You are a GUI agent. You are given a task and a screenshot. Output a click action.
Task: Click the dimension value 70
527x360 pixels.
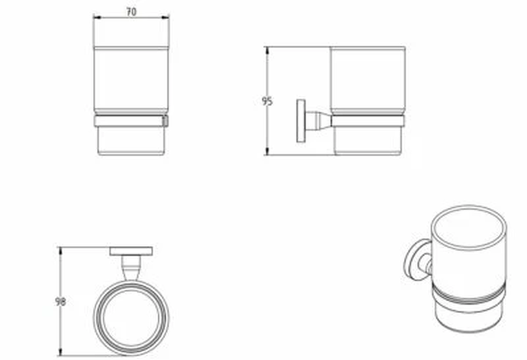(x=131, y=11)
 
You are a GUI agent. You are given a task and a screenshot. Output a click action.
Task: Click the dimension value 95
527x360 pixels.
(x=266, y=101)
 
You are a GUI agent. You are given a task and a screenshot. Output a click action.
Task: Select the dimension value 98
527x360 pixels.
(x=61, y=301)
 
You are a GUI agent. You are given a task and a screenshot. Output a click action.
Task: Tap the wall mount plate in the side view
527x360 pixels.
(x=300, y=120)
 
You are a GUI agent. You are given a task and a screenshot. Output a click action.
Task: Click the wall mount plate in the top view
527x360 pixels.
(x=131, y=251)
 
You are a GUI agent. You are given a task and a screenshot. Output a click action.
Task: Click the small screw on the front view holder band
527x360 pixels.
(x=166, y=121)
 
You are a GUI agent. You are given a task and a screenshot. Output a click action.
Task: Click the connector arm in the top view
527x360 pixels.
(x=131, y=268)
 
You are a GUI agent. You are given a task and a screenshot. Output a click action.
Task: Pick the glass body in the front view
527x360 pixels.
(x=131, y=79)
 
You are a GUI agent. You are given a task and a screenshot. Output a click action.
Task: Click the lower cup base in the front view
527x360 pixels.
(x=131, y=140)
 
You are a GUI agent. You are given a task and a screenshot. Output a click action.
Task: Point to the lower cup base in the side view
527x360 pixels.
(x=367, y=140)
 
